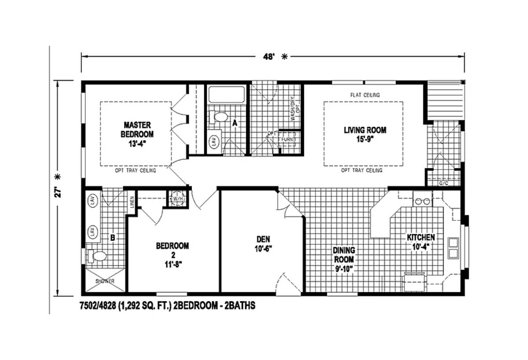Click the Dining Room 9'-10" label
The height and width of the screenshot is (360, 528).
point(344,259)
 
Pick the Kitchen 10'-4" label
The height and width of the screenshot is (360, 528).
point(421,242)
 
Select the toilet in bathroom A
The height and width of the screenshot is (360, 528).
point(220,117)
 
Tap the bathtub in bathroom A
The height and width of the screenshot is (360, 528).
point(226,95)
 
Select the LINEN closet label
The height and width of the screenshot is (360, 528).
point(132,202)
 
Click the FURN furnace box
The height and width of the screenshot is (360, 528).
point(289,139)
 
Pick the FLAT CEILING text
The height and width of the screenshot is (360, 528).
point(365,95)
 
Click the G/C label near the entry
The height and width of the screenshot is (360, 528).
point(443,183)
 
